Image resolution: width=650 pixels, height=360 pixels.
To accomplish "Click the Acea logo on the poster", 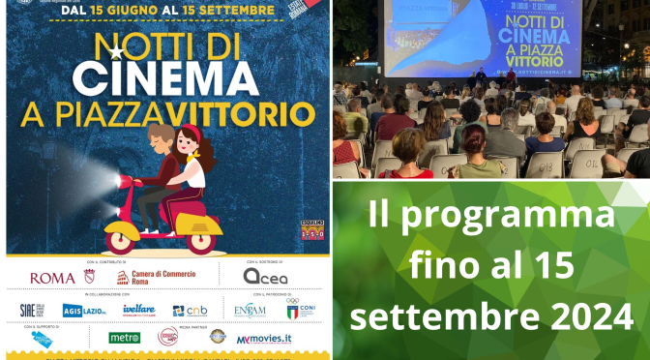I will coord(265,277).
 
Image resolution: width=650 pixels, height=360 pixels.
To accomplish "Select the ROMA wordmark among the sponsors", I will coord(53,278).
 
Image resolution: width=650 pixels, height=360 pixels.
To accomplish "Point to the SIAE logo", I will coord(32,311).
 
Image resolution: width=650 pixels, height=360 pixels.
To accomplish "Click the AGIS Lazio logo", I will coord(84,311).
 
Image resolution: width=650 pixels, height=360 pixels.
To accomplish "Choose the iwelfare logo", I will coord(138,310).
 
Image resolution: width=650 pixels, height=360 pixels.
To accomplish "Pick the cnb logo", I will coord(192,311).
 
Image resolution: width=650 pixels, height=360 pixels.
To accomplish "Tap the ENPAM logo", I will coord(251,310).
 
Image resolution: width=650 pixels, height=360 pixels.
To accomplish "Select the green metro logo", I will coord(125,338).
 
